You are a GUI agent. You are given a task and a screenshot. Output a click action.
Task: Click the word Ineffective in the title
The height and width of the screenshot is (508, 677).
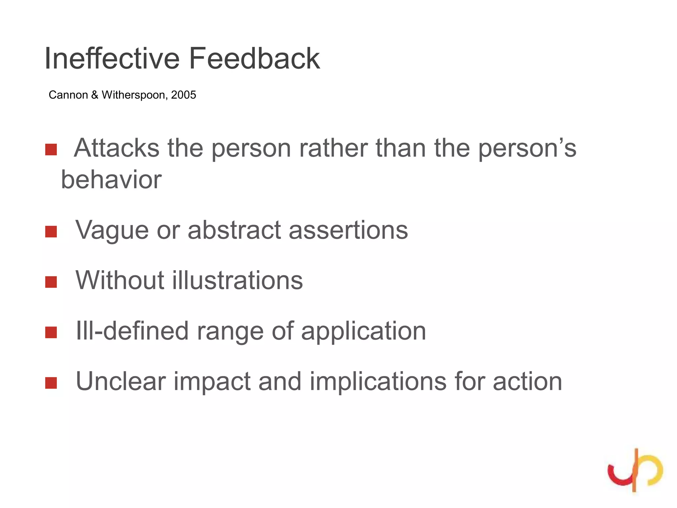tap(112, 59)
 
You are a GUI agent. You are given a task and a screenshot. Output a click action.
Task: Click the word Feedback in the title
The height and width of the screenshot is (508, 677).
tap(254, 59)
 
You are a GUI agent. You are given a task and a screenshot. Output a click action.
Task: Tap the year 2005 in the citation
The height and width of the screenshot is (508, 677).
tap(183, 95)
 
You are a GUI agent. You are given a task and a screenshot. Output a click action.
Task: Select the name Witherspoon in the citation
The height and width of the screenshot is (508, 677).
tap(135, 95)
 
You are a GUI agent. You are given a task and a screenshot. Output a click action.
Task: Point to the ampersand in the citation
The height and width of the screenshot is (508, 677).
tap(95, 95)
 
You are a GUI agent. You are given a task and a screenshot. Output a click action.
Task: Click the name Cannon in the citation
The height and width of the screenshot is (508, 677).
tap(68, 95)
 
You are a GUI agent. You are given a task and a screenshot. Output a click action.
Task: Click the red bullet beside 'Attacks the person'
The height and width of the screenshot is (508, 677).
tap(51, 149)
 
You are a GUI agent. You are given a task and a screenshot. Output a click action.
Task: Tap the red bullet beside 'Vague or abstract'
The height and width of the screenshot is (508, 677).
tap(51, 232)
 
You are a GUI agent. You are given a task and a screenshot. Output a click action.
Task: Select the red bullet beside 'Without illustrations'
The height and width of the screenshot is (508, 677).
tap(51, 282)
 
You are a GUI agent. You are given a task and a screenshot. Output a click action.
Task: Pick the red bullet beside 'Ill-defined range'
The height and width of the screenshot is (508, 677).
tap(51, 332)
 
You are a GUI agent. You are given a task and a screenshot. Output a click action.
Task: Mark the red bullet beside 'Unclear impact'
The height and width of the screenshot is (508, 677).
tap(51, 383)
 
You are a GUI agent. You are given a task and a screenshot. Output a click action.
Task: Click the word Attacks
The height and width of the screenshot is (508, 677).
tap(117, 148)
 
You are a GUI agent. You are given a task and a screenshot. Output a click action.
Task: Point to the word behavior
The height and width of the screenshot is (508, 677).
tap(111, 180)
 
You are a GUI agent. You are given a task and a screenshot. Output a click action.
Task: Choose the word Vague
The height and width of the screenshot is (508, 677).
tap(112, 230)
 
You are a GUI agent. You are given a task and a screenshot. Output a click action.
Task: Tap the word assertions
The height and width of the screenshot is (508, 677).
tap(348, 230)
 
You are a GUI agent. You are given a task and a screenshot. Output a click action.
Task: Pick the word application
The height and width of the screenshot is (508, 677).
tap(363, 331)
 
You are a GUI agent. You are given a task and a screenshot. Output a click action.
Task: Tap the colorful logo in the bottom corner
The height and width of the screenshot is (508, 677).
tap(635, 470)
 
